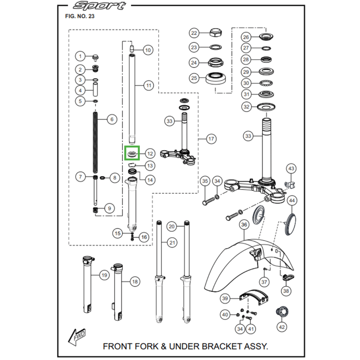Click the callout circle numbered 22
click(194, 33)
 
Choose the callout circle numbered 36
click(243, 225)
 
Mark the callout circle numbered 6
click(112, 120)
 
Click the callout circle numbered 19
click(103, 275)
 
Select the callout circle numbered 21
click(171, 243)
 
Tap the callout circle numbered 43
click(291, 169)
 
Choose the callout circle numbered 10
click(148, 50)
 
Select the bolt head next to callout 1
click(95, 57)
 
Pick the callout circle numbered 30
click(246, 83)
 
